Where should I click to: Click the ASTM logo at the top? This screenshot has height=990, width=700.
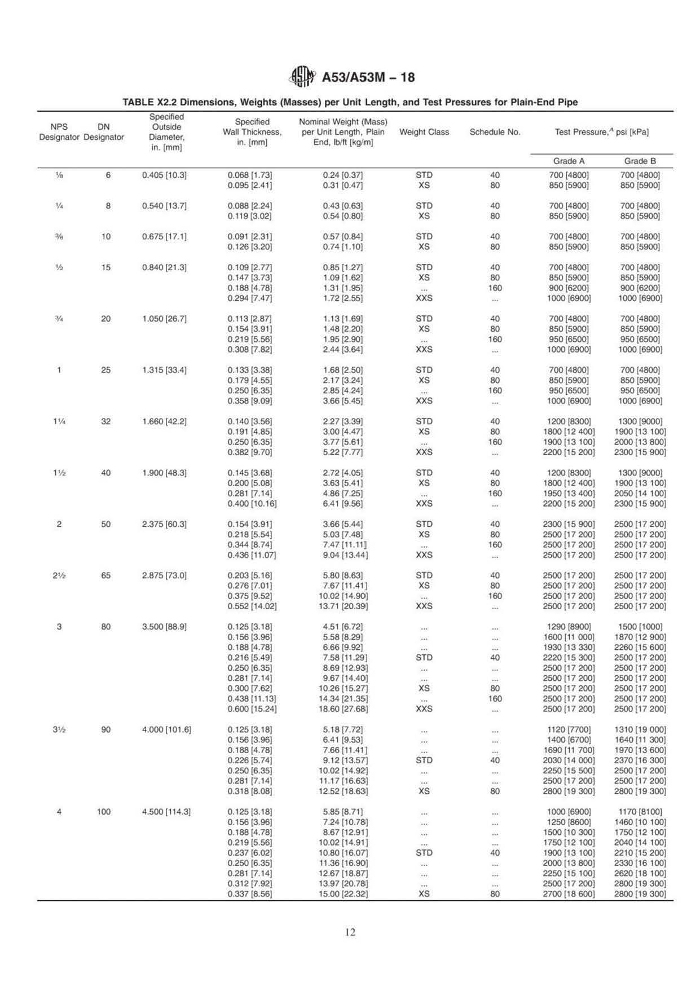302,77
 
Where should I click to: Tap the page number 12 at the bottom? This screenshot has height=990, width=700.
350,932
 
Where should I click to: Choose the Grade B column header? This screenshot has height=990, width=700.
640,161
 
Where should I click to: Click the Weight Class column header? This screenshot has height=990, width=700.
424,132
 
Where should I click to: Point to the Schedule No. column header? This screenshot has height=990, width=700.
495,132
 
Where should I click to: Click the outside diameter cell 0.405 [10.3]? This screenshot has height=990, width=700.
164,175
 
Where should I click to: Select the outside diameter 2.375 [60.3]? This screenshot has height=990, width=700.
164,524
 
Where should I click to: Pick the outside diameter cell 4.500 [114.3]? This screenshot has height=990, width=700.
166,812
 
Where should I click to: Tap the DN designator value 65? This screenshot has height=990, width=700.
106,575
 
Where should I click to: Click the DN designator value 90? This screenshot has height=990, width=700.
106,729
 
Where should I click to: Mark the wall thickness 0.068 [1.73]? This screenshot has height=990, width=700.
249,175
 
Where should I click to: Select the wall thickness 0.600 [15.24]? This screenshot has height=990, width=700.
252,709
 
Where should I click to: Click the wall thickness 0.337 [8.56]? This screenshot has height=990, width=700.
249,894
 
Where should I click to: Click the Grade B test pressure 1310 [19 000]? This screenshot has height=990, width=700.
640,729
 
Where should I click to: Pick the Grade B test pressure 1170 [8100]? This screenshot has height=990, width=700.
640,812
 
